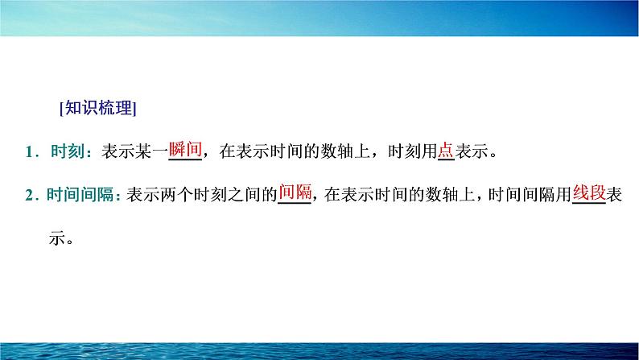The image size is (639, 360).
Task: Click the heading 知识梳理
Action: (99, 108)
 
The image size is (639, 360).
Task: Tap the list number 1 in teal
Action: (29, 152)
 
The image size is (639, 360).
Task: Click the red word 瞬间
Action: (185, 149)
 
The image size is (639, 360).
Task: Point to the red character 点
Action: (446, 150)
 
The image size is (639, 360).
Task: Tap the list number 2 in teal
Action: (29, 195)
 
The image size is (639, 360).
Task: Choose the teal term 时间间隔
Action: (80, 194)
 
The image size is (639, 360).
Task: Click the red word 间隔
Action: (295, 192)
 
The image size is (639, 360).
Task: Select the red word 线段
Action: (589, 192)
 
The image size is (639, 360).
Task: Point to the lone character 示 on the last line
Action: (57, 238)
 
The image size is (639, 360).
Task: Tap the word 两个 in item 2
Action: (177, 194)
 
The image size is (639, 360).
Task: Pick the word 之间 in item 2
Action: (244, 194)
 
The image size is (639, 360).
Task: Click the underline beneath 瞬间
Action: (185, 159)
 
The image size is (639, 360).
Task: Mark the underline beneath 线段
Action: (589, 203)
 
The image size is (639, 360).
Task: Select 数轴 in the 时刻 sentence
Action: (337, 151)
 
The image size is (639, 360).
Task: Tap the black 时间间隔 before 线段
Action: (522, 194)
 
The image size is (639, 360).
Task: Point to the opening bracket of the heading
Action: (61, 109)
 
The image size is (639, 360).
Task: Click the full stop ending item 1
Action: (493, 155)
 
